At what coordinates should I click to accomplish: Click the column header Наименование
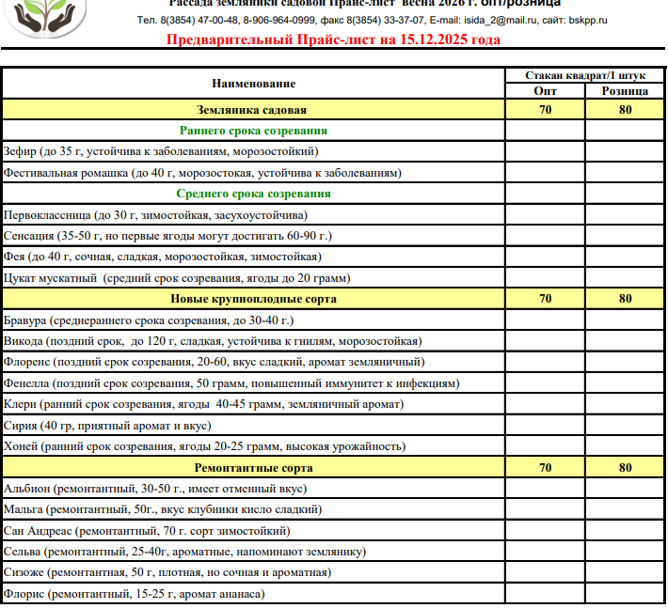[x=253, y=84]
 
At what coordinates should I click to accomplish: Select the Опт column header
[x=545, y=91]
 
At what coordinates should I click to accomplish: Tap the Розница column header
[x=625, y=91]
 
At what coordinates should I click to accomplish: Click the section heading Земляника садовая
[x=253, y=110]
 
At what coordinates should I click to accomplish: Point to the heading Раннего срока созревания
[x=253, y=131]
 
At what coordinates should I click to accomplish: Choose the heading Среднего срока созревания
[x=253, y=194]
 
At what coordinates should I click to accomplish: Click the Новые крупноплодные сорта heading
[x=253, y=299]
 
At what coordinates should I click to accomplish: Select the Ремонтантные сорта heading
[x=253, y=467]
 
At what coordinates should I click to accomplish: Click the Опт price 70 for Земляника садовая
[x=545, y=110]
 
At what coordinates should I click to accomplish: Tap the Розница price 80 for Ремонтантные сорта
[x=625, y=467]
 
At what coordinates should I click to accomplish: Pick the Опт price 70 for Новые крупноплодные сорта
[x=545, y=299]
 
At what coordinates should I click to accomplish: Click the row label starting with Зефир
[x=161, y=151]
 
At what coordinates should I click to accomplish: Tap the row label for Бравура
[x=161, y=320]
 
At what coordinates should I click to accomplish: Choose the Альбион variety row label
[x=155, y=489]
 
